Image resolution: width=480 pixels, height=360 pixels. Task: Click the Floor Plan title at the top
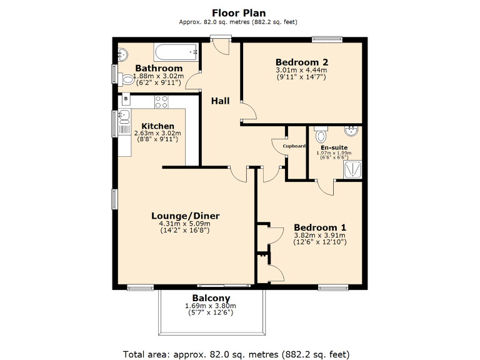[x=239, y=12]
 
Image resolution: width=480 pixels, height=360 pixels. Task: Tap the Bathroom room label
[x=159, y=68]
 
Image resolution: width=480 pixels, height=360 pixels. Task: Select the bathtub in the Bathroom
[x=176, y=51]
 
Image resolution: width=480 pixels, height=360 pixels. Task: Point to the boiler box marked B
[x=126, y=99]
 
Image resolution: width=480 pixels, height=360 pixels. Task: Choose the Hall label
[x=220, y=101]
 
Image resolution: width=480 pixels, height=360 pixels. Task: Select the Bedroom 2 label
[x=302, y=62]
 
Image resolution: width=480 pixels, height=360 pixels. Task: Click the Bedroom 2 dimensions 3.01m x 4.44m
[x=302, y=70]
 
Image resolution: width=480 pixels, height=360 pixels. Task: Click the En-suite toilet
[x=321, y=135]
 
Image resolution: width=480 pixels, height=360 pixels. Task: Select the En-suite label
[x=334, y=147]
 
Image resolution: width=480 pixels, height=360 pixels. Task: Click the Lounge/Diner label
[x=185, y=216]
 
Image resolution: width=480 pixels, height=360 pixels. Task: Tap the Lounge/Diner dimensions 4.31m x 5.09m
[x=185, y=224]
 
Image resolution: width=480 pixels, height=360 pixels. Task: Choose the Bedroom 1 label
[x=320, y=227]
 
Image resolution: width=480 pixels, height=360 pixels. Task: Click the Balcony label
[x=211, y=297]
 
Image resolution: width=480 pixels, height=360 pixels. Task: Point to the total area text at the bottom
[x=236, y=354]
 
